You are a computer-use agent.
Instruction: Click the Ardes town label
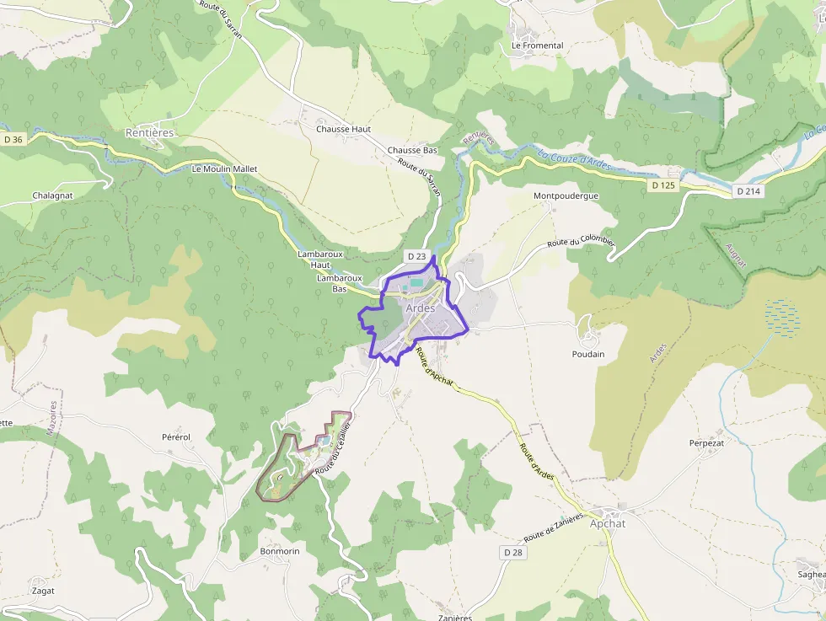tap(421, 308)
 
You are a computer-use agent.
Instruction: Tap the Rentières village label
tap(149, 132)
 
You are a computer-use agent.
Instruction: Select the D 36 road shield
tap(13, 139)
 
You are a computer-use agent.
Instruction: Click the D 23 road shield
tap(416, 255)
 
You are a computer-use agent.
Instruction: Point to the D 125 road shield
tap(664, 184)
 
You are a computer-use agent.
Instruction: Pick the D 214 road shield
tap(748, 191)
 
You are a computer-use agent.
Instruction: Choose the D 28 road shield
tap(512, 552)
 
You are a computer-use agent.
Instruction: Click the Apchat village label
tap(608, 523)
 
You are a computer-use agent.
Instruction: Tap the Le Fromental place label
tap(537, 46)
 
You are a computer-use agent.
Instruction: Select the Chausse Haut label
tap(343, 129)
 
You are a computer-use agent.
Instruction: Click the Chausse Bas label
tap(412, 150)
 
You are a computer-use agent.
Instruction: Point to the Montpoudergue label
tap(566, 195)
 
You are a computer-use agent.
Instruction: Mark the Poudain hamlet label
tap(588, 354)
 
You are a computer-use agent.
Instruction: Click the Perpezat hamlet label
tap(706, 442)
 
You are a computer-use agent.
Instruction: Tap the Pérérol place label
tap(176, 437)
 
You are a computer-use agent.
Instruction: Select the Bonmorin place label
tap(280, 551)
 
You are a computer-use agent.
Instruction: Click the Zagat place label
tap(43, 591)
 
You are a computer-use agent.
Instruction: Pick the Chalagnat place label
tap(52, 195)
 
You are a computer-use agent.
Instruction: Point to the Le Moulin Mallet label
tap(224, 169)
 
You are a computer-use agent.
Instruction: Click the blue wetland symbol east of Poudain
tap(781, 317)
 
